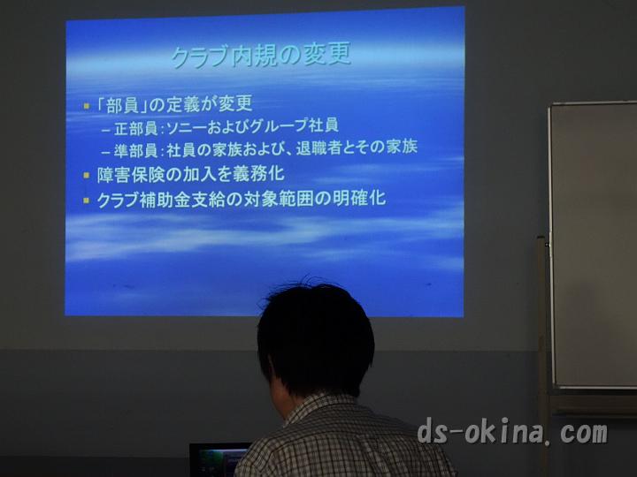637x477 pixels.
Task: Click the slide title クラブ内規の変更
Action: [261, 57]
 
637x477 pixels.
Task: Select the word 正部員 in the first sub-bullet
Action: [135, 128]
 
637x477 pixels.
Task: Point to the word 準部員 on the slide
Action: [135, 150]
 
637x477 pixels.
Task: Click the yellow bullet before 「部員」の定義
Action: [86, 106]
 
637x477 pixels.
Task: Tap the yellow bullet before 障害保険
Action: [86, 176]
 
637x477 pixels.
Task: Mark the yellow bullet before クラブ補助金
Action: [86, 201]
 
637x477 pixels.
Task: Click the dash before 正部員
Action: [105, 131]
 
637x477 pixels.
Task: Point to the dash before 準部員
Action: [105, 153]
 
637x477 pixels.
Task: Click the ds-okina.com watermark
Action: [512, 431]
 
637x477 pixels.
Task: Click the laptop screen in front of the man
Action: [219, 460]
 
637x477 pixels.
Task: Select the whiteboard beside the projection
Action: [593, 245]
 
